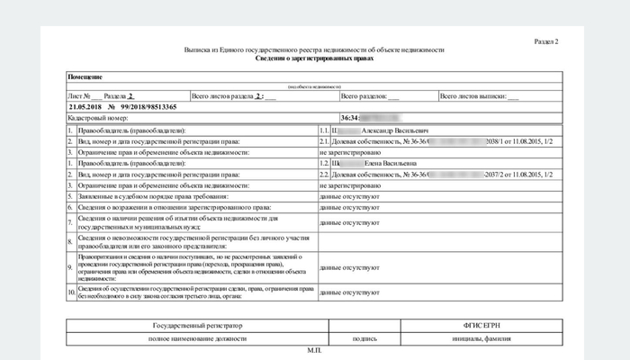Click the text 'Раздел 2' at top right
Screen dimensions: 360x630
click(546, 41)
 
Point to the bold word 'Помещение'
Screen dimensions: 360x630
click(85, 78)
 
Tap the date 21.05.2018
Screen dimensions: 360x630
click(86, 106)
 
